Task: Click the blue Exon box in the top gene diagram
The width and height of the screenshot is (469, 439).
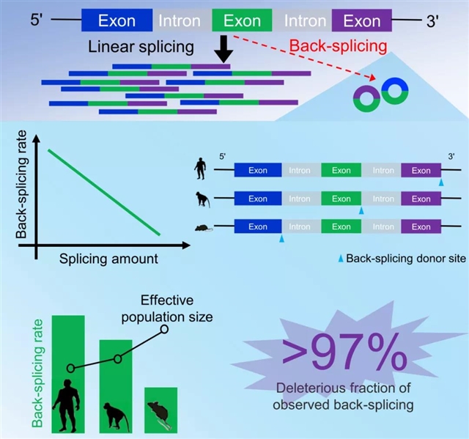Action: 117,21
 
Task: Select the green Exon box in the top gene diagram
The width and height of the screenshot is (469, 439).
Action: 242,21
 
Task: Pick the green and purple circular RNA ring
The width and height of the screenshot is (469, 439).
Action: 366,97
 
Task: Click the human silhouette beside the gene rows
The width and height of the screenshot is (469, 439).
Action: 199,169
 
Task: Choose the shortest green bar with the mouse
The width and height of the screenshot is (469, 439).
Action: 160,408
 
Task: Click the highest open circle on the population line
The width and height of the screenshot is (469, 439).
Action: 164,329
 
